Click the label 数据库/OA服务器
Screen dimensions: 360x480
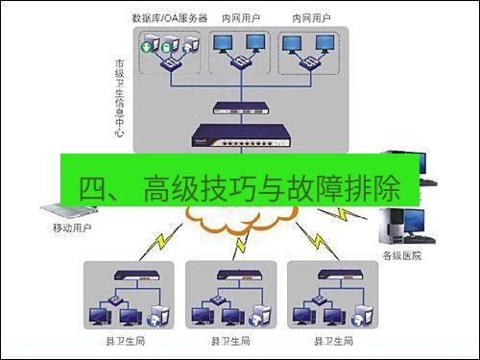pos(170,18)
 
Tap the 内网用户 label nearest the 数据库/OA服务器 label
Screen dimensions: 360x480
pos(241,18)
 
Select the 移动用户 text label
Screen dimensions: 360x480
pos(71,228)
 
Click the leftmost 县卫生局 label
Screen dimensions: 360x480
pos(125,341)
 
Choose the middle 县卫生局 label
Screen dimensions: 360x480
pos(230,341)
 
